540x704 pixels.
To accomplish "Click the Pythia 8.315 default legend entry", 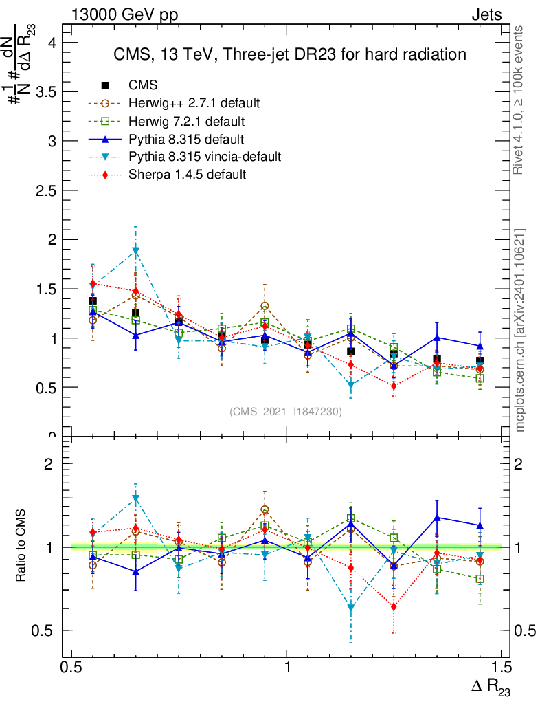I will [x=181, y=139].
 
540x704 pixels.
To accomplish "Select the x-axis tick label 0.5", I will [x=71, y=668].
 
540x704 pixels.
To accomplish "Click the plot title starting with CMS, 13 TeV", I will [x=289, y=54].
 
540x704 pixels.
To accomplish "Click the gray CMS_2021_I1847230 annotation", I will [x=285, y=411].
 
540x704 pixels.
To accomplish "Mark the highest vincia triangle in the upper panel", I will [x=136, y=251].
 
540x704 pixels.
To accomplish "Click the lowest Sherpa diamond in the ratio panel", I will [x=394, y=607].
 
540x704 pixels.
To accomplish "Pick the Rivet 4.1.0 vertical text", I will [x=519, y=100].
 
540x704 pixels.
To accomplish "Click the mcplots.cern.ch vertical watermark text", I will [x=519, y=330].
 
